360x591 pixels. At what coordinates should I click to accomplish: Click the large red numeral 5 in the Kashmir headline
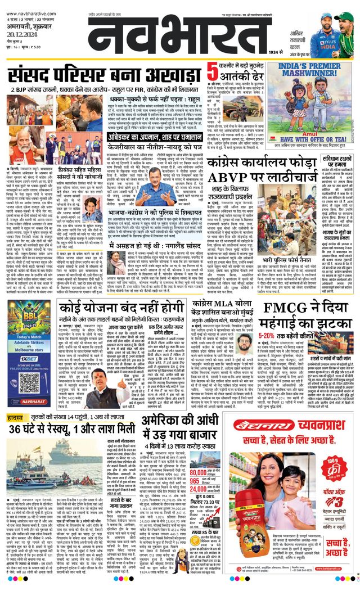click(211, 71)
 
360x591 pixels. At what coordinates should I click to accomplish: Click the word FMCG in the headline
click(281, 307)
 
